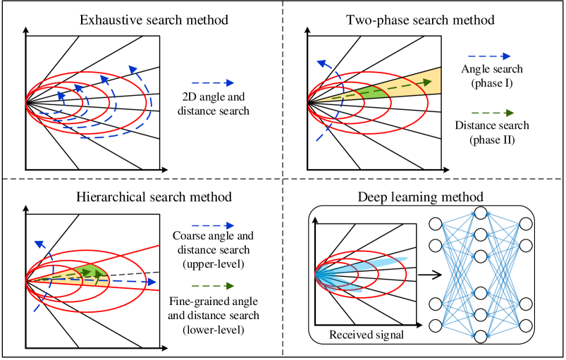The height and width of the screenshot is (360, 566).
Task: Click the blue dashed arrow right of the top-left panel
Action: (213, 83)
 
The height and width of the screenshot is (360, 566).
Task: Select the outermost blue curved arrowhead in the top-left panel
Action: (133, 70)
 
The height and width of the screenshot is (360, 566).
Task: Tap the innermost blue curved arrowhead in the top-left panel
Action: (61, 95)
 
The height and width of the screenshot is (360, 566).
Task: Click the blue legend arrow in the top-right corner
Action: (489, 56)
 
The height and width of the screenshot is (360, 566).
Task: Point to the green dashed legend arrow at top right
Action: (493, 113)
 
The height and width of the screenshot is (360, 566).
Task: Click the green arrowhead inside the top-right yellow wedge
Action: (427, 82)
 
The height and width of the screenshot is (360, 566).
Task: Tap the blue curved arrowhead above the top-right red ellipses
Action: (321, 64)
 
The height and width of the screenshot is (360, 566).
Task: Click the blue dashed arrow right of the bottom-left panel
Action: (213, 225)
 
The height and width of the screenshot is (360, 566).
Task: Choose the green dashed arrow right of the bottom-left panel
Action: (213, 285)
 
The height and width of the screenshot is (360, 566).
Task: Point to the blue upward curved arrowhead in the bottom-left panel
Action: (39, 244)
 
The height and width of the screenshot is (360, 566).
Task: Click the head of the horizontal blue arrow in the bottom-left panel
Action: (152, 282)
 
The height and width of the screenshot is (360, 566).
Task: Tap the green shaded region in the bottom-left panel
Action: (97, 273)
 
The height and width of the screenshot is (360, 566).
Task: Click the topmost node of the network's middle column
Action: (481, 213)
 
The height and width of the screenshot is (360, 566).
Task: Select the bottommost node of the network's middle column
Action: (481, 337)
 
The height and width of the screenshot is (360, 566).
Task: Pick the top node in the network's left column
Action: (436, 224)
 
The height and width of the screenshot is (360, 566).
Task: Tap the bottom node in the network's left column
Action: (436, 325)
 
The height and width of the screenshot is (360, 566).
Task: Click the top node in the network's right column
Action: (526, 224)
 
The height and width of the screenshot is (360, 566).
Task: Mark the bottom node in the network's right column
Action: (526, 325)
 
